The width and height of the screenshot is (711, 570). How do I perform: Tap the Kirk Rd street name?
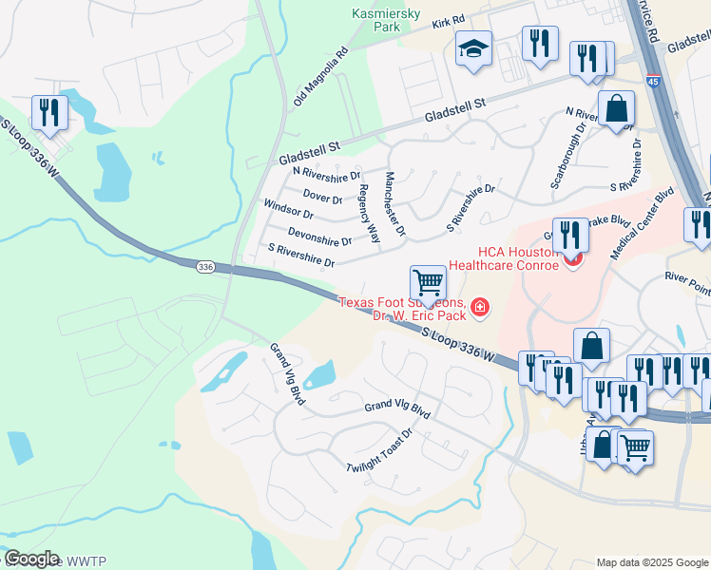(x=447, y=21)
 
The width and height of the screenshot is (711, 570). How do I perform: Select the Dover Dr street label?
(x=322, y=198)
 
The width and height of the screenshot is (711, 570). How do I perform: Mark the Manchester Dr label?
(x=395, y=204)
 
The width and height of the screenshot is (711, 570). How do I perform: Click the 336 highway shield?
(x=205, y=268)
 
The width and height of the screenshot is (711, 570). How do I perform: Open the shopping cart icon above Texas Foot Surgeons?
(x=429, y=282)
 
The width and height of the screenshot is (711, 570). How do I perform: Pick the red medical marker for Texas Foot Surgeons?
(x=480, y=306)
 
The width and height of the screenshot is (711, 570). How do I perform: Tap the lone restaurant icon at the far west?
(x=47, y=112)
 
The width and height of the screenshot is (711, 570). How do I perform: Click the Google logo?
(x=31, y=558)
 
